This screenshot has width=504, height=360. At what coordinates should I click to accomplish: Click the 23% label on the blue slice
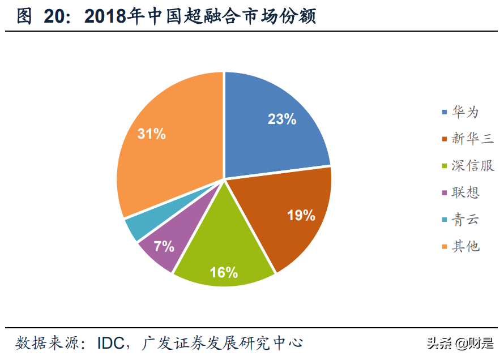point(282,119)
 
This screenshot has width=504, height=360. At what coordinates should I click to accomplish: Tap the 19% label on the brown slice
point(301,216)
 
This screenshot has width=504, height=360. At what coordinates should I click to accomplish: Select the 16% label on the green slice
point(224,273)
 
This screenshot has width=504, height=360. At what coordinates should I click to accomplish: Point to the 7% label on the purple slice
point(164,247)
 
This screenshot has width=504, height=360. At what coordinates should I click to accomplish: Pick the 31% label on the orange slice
point(152,134)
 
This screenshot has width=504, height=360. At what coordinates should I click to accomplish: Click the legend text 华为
point(465,112)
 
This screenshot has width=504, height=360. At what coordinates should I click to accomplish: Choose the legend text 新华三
point(472,139)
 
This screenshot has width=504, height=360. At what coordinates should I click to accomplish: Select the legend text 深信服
point(472,166)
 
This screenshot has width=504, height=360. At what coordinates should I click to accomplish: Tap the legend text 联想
point(465,192)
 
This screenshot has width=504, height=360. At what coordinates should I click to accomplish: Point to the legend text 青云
point(465,220)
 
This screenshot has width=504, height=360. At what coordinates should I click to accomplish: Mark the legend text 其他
point(465,246)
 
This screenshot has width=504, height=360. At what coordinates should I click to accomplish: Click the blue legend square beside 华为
point(445,112)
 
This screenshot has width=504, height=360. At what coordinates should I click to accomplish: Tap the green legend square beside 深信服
point(445,166)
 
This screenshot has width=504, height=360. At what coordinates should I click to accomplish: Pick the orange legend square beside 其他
point(445,246)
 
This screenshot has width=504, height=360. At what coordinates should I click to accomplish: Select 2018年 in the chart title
point(113,17)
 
